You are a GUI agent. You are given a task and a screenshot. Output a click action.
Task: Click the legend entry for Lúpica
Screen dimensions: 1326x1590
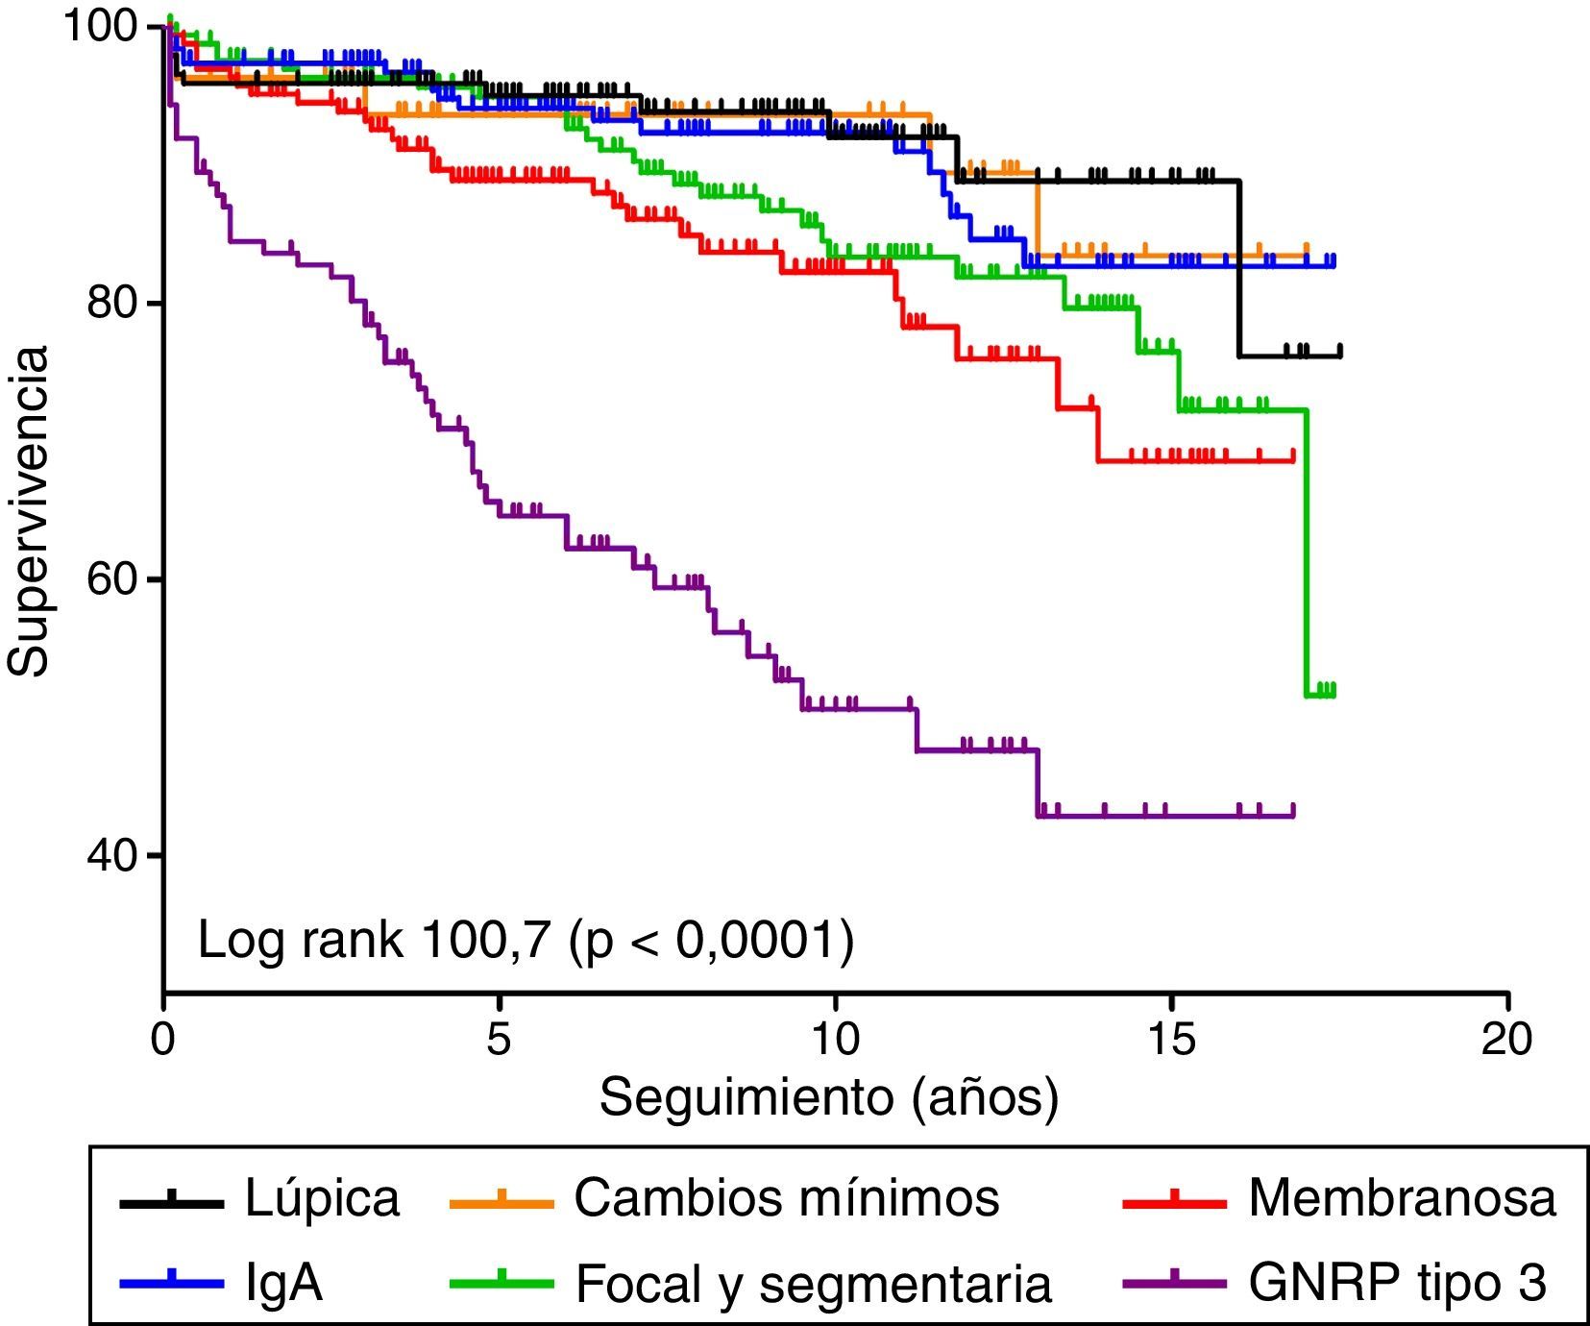pyautogui.click(x=321, y=1199)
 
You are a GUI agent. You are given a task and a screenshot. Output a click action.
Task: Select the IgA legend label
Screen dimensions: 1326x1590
pyautogui.click(x=283, y=1283)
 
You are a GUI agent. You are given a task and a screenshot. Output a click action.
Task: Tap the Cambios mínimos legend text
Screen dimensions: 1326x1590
pyautogui.click(x=786, y=1199)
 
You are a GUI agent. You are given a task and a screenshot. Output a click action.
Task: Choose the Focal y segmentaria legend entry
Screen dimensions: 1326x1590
pyautogui.click(x=813, y=1283)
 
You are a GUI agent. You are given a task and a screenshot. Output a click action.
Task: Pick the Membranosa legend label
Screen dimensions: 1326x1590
pyautogui.click(x=1402, y=1199)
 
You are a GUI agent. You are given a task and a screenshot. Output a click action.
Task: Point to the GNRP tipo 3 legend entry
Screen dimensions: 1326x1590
pyautogui.click(x=1398, y=1283)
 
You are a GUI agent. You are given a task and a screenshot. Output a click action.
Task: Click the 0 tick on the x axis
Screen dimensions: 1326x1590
pyautogui.click(x=163, y=1041)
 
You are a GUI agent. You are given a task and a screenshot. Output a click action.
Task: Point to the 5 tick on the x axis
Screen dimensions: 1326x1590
pyautogui.click(x=499, y=1041)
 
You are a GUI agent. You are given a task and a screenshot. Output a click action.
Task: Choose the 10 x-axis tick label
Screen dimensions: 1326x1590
pyautogui.click(x=834, y=1041)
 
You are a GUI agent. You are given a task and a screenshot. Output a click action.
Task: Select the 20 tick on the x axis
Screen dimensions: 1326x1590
pyautogui.click(x=1506, y=1041)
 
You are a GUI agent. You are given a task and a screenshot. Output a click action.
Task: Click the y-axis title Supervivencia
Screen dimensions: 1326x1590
pyautogui.click(x=29, y=511)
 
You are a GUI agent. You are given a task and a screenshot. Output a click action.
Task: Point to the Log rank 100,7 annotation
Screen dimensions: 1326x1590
pyautogui.click(x=526, y=940)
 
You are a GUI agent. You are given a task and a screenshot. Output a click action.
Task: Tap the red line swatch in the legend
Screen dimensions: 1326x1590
pyautogui.click(x=1174, y=1199)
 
